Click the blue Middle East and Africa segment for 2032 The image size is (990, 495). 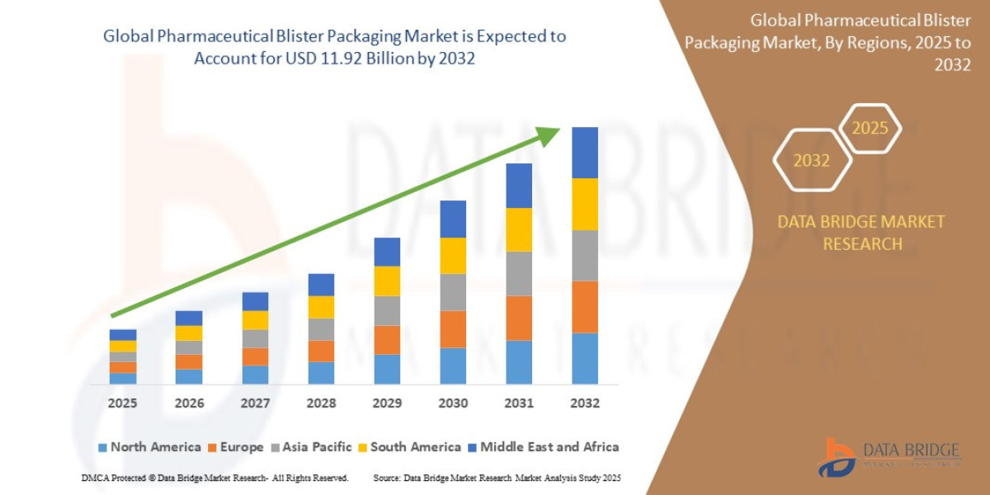coord(584,153)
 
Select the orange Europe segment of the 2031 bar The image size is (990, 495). coord(519,318)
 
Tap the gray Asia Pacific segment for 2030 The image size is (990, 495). coord(453,292)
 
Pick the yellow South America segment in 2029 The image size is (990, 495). coord(387,281)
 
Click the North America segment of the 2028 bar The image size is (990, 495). coord(321,373)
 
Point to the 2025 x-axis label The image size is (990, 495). coord(122,403)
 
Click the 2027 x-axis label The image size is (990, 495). coord(255,403)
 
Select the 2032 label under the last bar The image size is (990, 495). coord(584,403)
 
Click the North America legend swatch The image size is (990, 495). coord(102,447)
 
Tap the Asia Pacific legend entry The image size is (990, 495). coord(310,447)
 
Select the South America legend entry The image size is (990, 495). coord(408,447)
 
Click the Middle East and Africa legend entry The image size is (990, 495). coord(542,447)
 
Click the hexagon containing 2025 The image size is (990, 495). coord(870,129)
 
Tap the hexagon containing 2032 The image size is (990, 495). coord(812,161)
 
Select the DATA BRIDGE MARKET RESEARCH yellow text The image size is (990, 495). coord(860,233)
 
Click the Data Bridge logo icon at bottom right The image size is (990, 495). coord(836,458)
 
